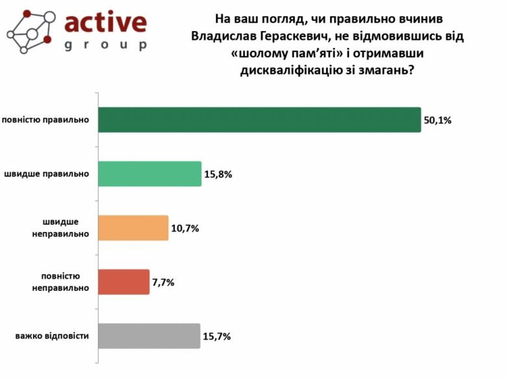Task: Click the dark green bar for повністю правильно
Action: pos(260,120)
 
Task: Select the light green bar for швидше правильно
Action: pos(150,173)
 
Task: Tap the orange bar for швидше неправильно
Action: pos(133,228)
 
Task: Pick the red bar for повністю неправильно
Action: pos(124,282)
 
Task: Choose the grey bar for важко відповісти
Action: pos(149,336)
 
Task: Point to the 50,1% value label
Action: pos(437,120)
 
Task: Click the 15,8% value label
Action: pos(218,174)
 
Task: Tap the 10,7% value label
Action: pos(185,229)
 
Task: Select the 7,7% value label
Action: pos(164,283)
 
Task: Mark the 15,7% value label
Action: pos(217,336)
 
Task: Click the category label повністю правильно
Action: pos(45,120)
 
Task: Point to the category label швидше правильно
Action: pos(47,174)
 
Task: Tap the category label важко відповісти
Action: pos(52,336)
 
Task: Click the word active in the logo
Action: pos(106,22)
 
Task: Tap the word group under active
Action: pos(106,45)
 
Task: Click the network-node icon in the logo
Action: pos(29,31)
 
